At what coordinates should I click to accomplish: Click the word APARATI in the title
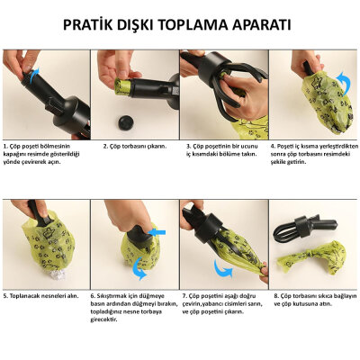click(265, 24)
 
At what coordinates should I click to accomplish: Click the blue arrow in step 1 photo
click(34, 78)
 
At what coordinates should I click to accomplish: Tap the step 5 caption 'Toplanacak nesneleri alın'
click(44, 294)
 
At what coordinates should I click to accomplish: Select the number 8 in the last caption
click(274, 294)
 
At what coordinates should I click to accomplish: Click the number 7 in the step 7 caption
click(184, 294)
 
